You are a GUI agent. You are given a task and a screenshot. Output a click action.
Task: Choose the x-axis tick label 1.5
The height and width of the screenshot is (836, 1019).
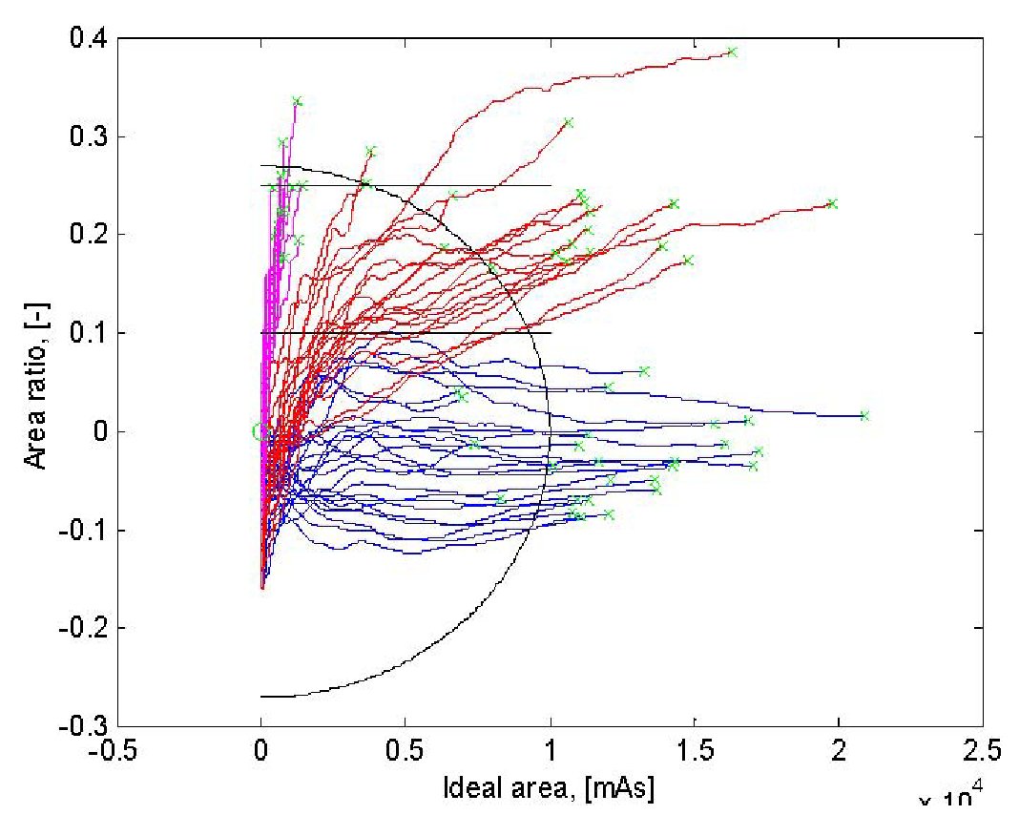(x=695, y=751)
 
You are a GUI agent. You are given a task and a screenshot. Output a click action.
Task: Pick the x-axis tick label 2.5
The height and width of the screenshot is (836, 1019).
(x=983, y=751)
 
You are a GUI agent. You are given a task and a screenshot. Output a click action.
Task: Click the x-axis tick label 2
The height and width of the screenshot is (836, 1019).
(x=839, y=751)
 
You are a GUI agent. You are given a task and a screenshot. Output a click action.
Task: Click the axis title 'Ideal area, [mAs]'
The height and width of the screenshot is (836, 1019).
(x=549, y=788)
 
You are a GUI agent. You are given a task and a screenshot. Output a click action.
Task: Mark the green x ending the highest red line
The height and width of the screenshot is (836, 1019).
(x=732, y=52)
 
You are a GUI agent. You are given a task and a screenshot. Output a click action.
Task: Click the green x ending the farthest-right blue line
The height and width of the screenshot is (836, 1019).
(x=864, y=415)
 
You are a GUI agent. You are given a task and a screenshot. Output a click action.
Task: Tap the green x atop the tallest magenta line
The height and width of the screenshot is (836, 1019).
(x=297, y=101)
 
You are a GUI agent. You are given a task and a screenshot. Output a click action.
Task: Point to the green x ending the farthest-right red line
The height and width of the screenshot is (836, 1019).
(x=832, y=203)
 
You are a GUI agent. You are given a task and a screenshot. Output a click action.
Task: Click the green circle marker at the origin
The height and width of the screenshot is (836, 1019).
(x=258, y=431)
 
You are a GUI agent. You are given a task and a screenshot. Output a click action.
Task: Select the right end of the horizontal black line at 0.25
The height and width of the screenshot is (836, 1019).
(x=551, y=186)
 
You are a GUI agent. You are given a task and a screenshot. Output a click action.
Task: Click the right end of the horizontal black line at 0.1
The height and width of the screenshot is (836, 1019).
(x=551, y=333)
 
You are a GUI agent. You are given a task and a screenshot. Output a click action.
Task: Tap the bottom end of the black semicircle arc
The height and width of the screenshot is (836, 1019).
(x=261, y=697)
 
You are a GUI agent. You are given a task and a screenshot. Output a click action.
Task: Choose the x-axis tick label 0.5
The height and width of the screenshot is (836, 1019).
(x=406, y=751)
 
